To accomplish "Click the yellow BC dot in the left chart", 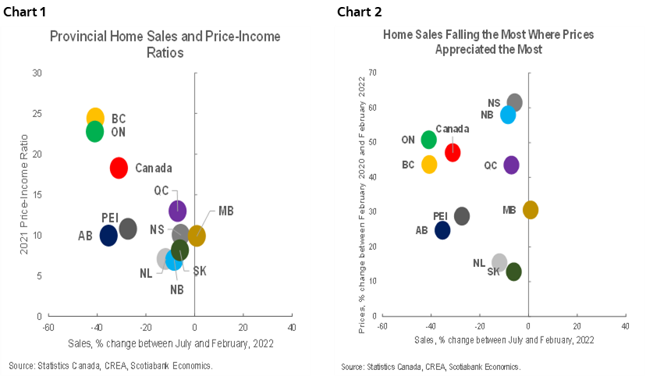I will coord(95,118).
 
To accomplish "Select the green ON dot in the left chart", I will coord(94,131).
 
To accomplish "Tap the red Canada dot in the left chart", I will coord(119,167).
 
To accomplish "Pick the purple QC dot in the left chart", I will coord(178,209).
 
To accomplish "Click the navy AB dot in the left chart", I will coord(108,234).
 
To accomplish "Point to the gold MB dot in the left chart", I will coord(197,236).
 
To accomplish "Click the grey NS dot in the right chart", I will coord(514,102).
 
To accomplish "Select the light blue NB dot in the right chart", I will coord(508,115).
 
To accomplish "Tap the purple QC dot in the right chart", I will coord(511,165).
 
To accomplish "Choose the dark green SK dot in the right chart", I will coord(513,272).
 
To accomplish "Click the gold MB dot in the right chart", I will coord(531,210).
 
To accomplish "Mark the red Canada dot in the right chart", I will coord(453,152).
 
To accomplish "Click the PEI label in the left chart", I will coord(110,216).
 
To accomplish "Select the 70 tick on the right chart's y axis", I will coord(372,73).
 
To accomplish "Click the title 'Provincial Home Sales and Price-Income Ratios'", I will coord(165,44).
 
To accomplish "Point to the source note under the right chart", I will coord(431,367).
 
